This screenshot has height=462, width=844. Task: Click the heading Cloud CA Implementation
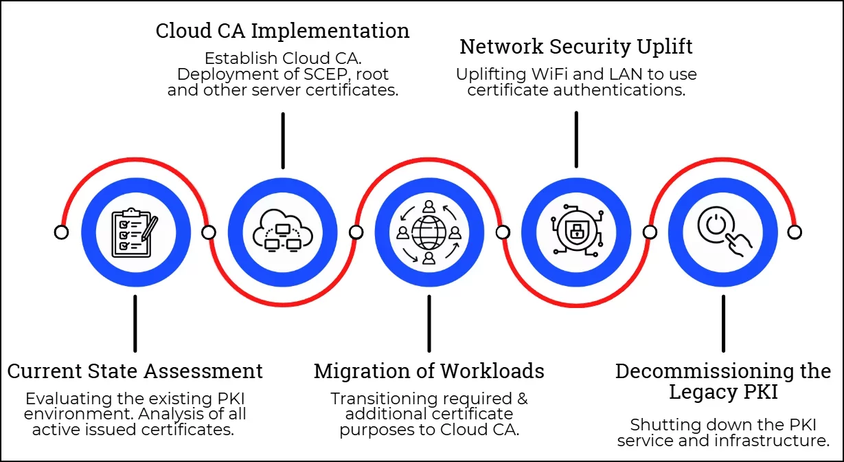click(282, 31)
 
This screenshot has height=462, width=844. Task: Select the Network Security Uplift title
click(575, 47)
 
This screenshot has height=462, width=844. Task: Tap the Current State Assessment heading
click(135, 371)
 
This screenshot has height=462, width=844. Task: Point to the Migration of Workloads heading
click(429, 371)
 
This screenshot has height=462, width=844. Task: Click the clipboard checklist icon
click(135, 232)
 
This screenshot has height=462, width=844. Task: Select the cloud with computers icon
click(282, 232)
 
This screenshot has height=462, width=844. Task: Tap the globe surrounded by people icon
click(429, 232)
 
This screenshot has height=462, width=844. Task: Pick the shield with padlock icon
click(575, 232)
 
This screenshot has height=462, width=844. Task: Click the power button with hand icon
click(722, 232)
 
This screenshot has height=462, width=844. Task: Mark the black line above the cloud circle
click(282, 140)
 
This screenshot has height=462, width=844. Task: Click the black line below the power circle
click(722, 323)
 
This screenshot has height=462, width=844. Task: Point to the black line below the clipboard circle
click(135, 323)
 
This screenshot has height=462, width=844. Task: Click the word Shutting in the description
click(659, 425)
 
